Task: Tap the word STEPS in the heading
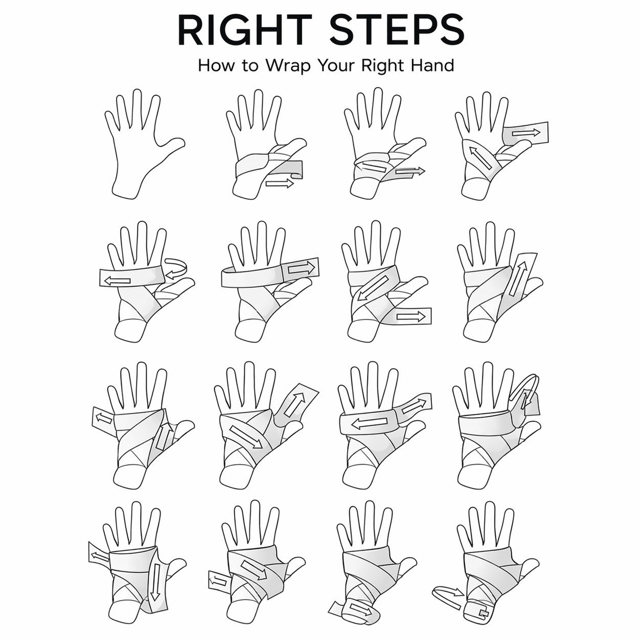(397, 30)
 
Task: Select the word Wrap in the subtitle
(288, 65)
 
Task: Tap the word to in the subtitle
(250, 66)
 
